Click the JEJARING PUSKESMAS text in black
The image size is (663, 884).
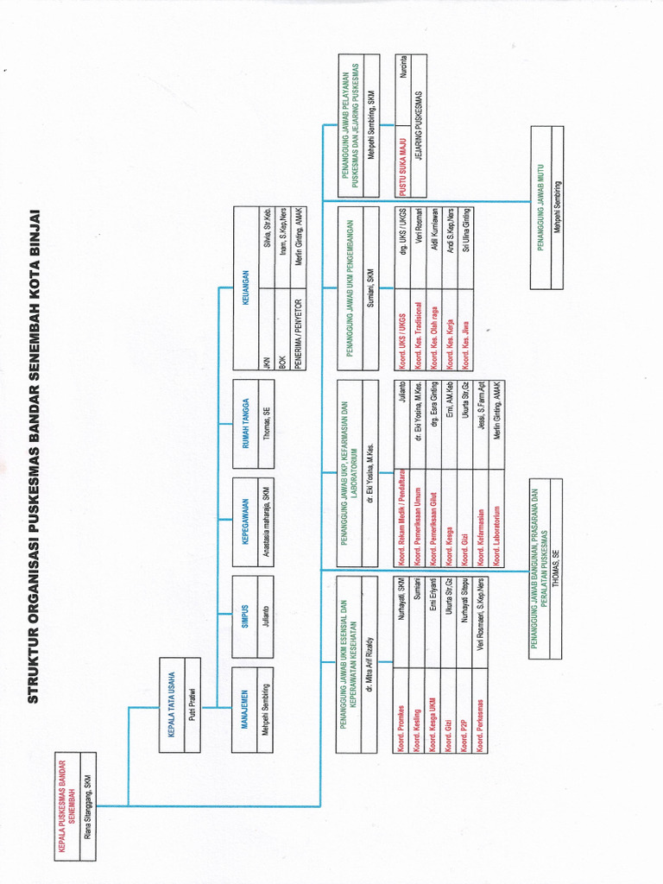(420, 133)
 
